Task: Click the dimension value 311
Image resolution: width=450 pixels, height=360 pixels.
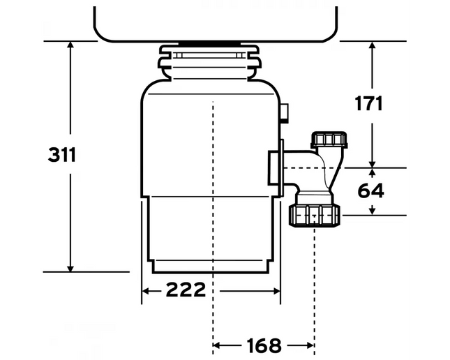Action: coord(61,155)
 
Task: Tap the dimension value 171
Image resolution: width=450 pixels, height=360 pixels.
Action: coord(369,103)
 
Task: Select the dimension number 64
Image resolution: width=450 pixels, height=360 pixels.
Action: coord(370,190)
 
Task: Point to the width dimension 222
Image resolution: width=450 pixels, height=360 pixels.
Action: coord(186,290)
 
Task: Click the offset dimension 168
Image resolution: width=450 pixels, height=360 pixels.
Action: coord(264,345)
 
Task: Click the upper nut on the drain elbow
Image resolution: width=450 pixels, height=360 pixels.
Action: coord(329,140)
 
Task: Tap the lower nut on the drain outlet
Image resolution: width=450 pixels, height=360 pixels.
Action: coord(315,216)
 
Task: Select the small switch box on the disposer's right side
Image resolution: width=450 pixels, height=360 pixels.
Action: coord(285,113)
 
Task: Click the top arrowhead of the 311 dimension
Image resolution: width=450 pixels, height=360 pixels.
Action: coord(70,45)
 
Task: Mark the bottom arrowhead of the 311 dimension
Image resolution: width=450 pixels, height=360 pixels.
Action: coord(70,268)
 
